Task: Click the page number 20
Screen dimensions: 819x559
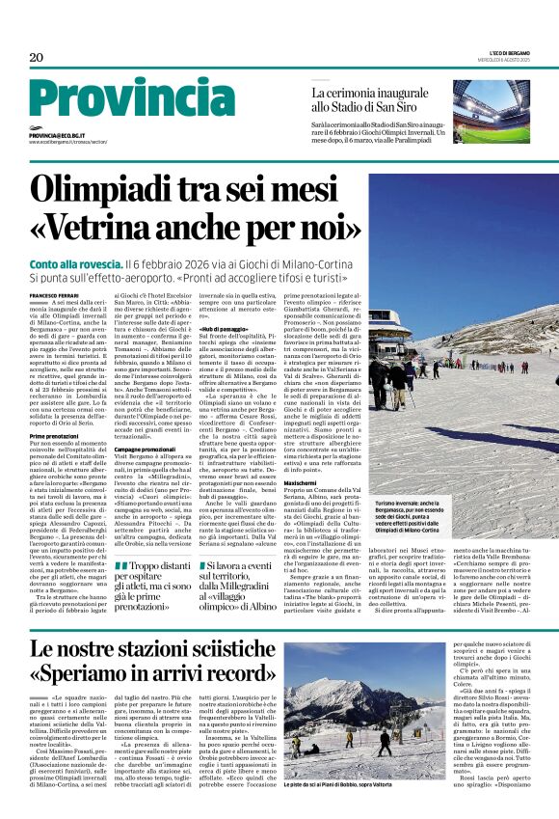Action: (37, 58)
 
